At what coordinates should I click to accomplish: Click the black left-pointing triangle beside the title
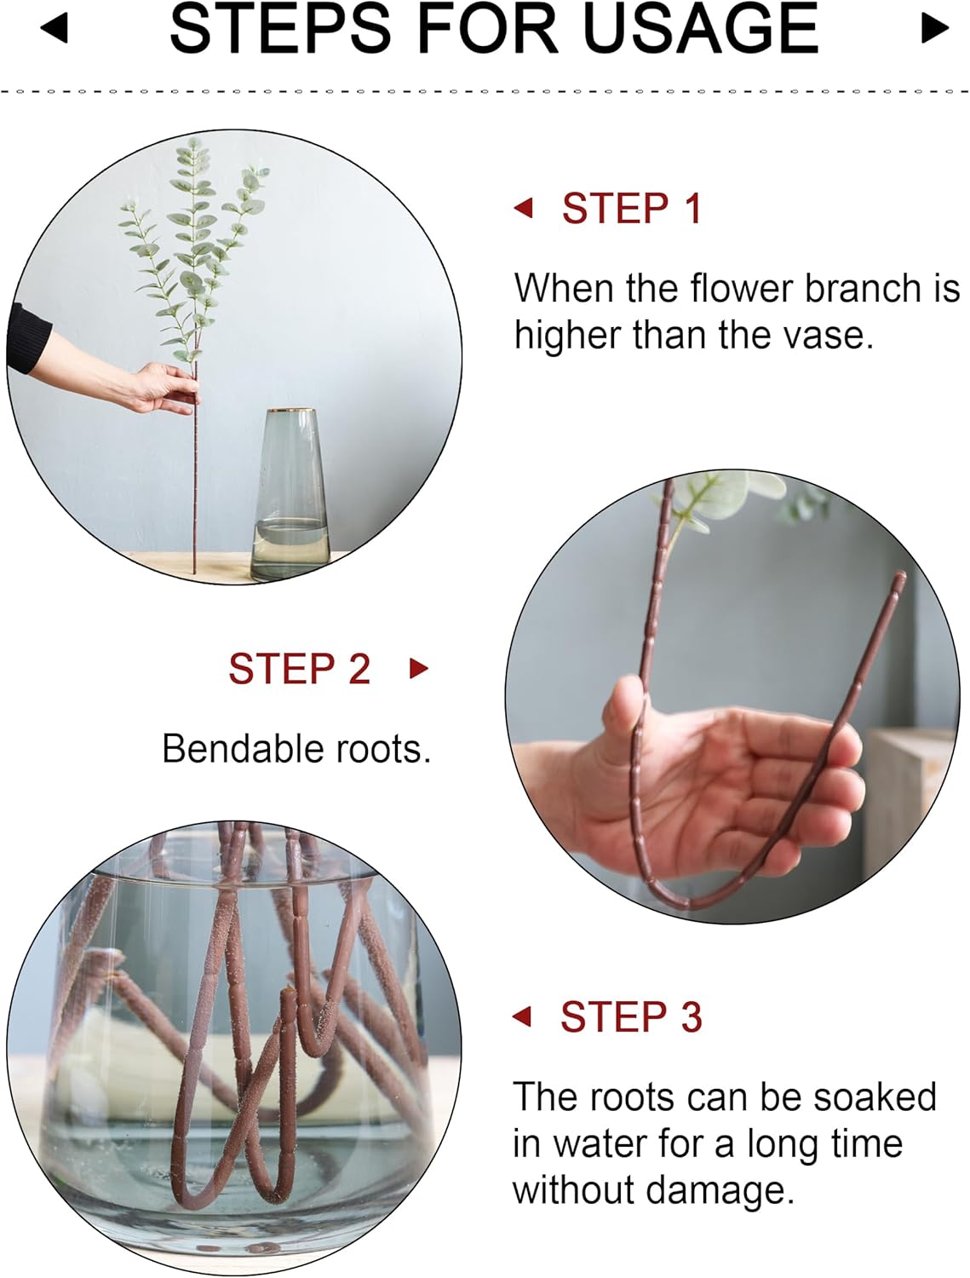click(54, 28)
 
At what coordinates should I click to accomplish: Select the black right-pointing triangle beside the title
click(934, 28)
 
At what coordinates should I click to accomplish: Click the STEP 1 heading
click(631, 209)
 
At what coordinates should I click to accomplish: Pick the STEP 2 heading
click(299, 669)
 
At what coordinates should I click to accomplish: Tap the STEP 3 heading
click(630, 1016)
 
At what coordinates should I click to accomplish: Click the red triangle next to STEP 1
click(524, 208)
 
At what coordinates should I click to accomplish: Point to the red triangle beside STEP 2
click(418, 668)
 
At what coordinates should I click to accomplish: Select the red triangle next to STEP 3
click(522, 1016)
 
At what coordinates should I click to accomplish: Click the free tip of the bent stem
click(899, 579)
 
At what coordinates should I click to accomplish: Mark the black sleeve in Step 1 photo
click(27, 338)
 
